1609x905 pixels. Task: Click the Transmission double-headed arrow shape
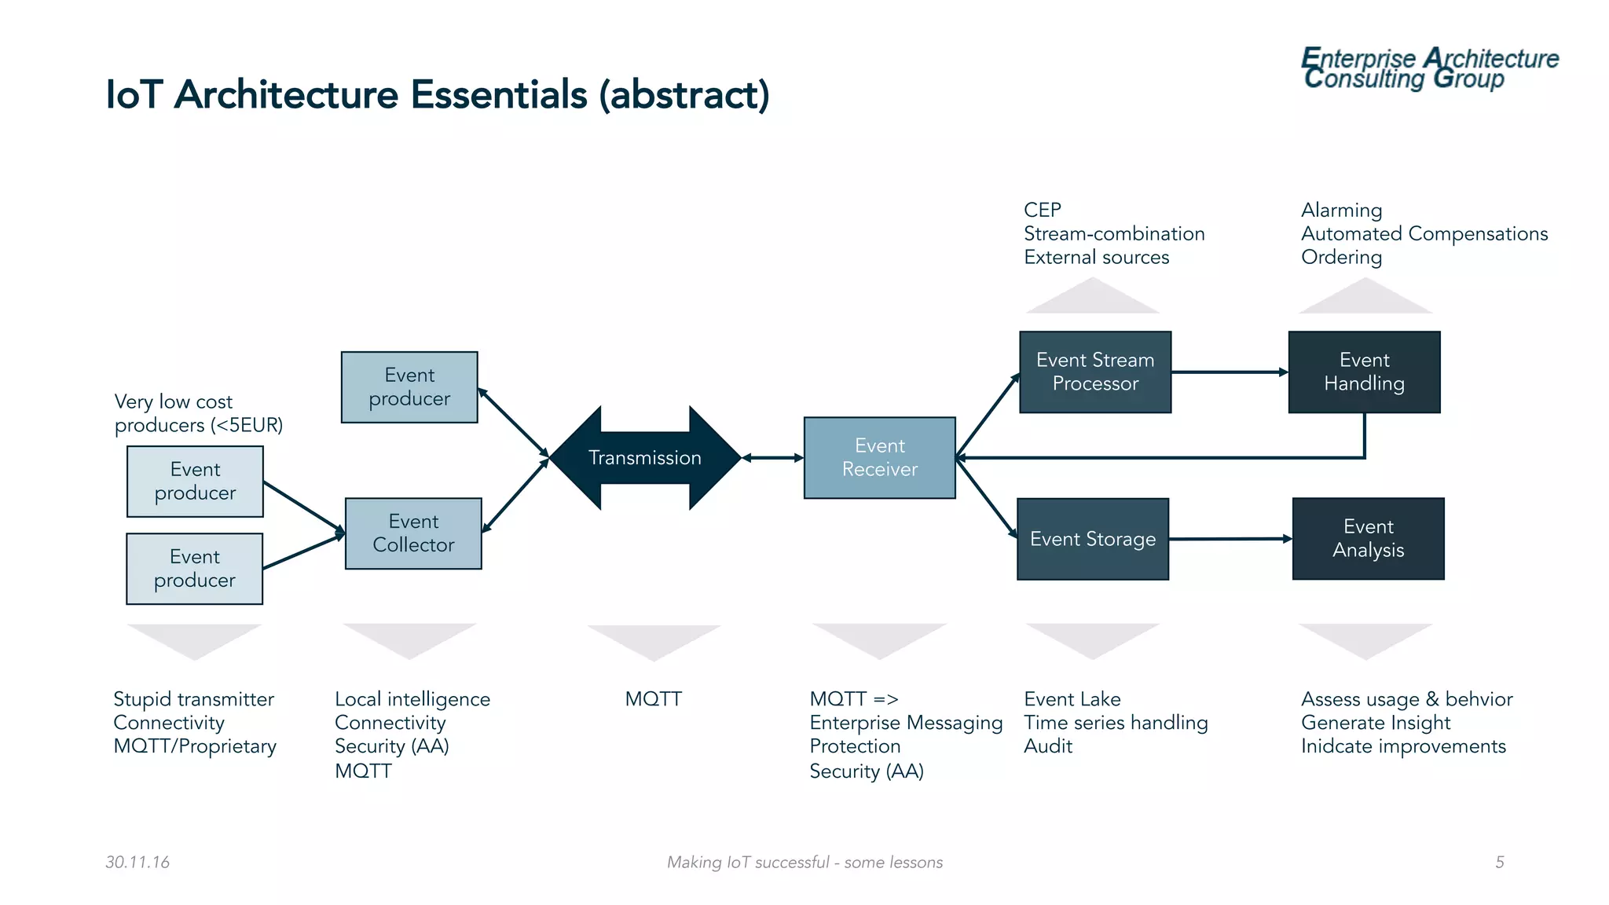coord(644,457)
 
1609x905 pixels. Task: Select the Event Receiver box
coord(879,457)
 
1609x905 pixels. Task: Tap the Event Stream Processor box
coord(1094,372)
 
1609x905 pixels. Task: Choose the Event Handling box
coord(1364,372)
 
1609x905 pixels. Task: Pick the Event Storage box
coord(1092,539)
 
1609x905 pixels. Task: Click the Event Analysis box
coord(1368,539)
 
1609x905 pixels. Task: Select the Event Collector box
coord(413,533)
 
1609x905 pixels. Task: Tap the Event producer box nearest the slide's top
coord(409,387)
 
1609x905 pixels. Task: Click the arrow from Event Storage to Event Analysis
coord(1230,539)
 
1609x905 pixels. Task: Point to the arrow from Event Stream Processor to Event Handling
coord(1230,372)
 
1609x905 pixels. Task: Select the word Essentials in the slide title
coord(498,95)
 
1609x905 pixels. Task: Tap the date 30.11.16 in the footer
coord(137,862)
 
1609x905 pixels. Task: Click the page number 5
coord(1499,862)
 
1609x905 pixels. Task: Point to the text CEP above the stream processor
coord(1043,210)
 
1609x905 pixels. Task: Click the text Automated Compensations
coord(1424,234)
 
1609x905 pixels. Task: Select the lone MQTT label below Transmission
coord(653,698)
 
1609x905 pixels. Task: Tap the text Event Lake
coord(1072,698)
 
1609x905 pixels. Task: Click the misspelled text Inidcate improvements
coord(1402,746)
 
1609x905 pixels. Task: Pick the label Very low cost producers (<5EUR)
coord(198,413)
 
